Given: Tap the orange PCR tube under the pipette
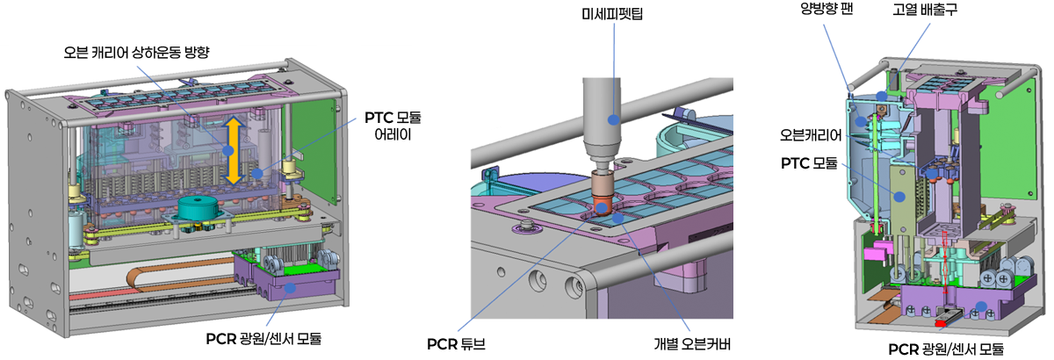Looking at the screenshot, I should click(603, 203).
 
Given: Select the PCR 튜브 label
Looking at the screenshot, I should click(454, 342).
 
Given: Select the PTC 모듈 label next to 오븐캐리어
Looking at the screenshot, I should click(808, 163).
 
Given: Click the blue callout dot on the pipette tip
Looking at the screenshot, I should click(614, 117).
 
